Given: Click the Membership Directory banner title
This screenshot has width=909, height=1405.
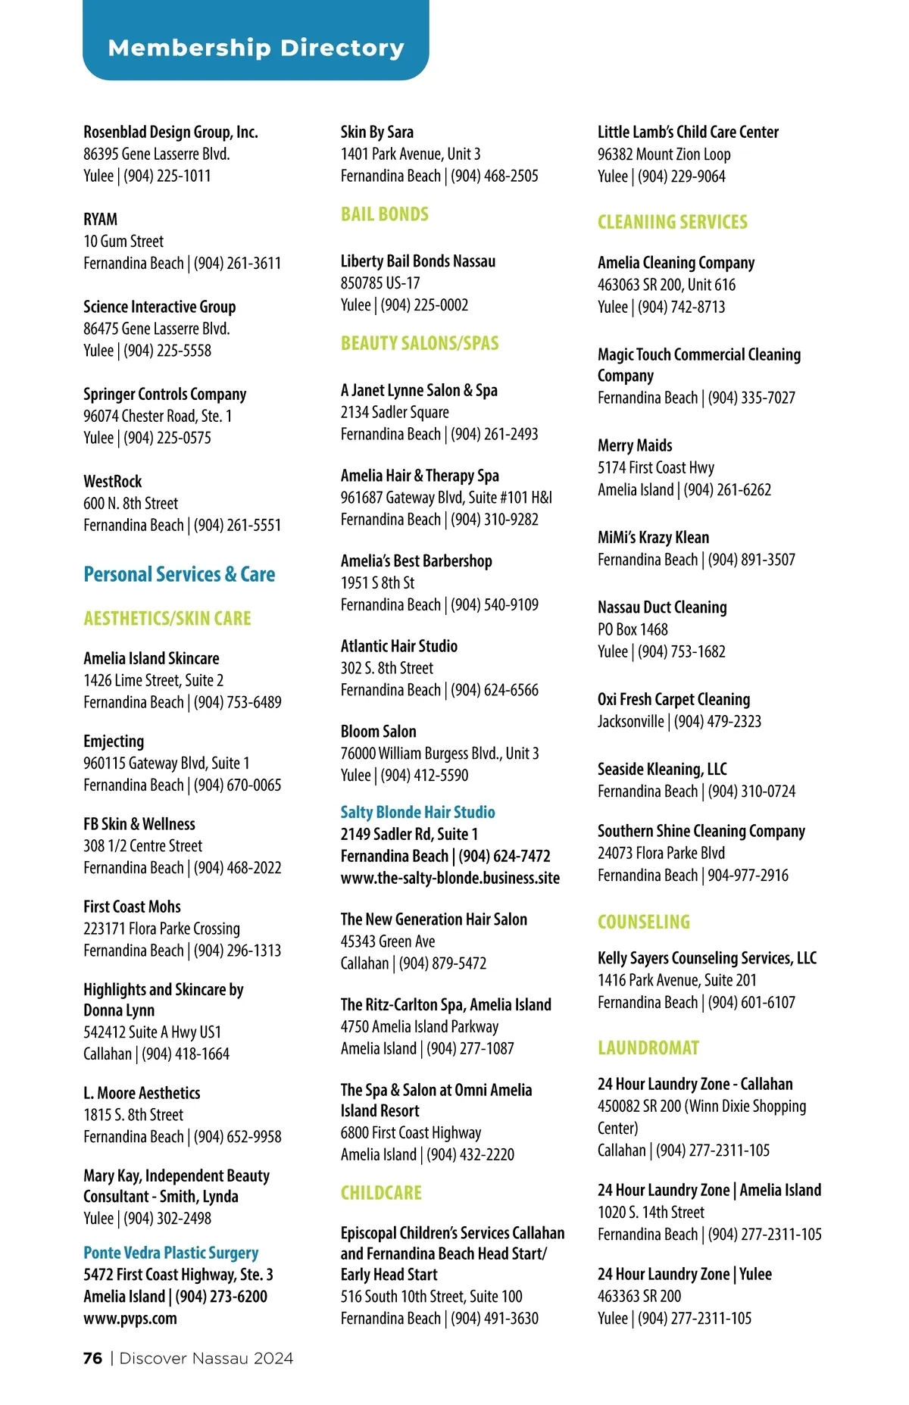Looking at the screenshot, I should point(256,48).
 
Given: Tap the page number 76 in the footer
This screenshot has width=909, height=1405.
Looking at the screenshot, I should point(92,1358).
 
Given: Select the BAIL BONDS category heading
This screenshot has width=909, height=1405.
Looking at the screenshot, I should point(384,214).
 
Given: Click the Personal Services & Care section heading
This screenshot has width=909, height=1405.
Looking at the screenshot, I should point(179,574).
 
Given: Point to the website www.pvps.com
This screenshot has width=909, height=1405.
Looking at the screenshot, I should point(130,1318).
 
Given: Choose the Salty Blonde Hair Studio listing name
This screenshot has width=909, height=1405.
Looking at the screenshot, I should point(417,812).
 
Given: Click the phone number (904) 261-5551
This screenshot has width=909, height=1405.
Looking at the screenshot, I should point(237,525).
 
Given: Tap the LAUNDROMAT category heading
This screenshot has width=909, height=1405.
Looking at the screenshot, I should point(648,1048).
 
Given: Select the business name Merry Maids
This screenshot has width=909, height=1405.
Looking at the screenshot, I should point(635,445).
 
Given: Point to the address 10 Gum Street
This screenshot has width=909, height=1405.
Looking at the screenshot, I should point(123,242).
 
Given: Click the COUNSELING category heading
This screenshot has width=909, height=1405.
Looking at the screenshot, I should point(643,922).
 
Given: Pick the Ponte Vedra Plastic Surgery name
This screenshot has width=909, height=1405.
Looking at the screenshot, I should point(170,1253).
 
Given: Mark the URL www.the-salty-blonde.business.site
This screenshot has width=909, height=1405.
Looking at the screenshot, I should point(450,878).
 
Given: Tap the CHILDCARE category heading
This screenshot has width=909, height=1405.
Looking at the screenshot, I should point(381,1193).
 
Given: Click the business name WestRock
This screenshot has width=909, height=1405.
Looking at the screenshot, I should point(113,482).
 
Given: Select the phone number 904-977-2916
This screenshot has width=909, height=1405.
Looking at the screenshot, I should point(748,875).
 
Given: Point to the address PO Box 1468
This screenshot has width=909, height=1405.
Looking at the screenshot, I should point(633,629).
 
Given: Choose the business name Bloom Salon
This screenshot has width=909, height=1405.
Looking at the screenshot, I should point(378,732).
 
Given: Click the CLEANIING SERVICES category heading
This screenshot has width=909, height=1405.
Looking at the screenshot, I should point(672,222).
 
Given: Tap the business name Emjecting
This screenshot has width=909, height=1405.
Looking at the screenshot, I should point(114,742).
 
